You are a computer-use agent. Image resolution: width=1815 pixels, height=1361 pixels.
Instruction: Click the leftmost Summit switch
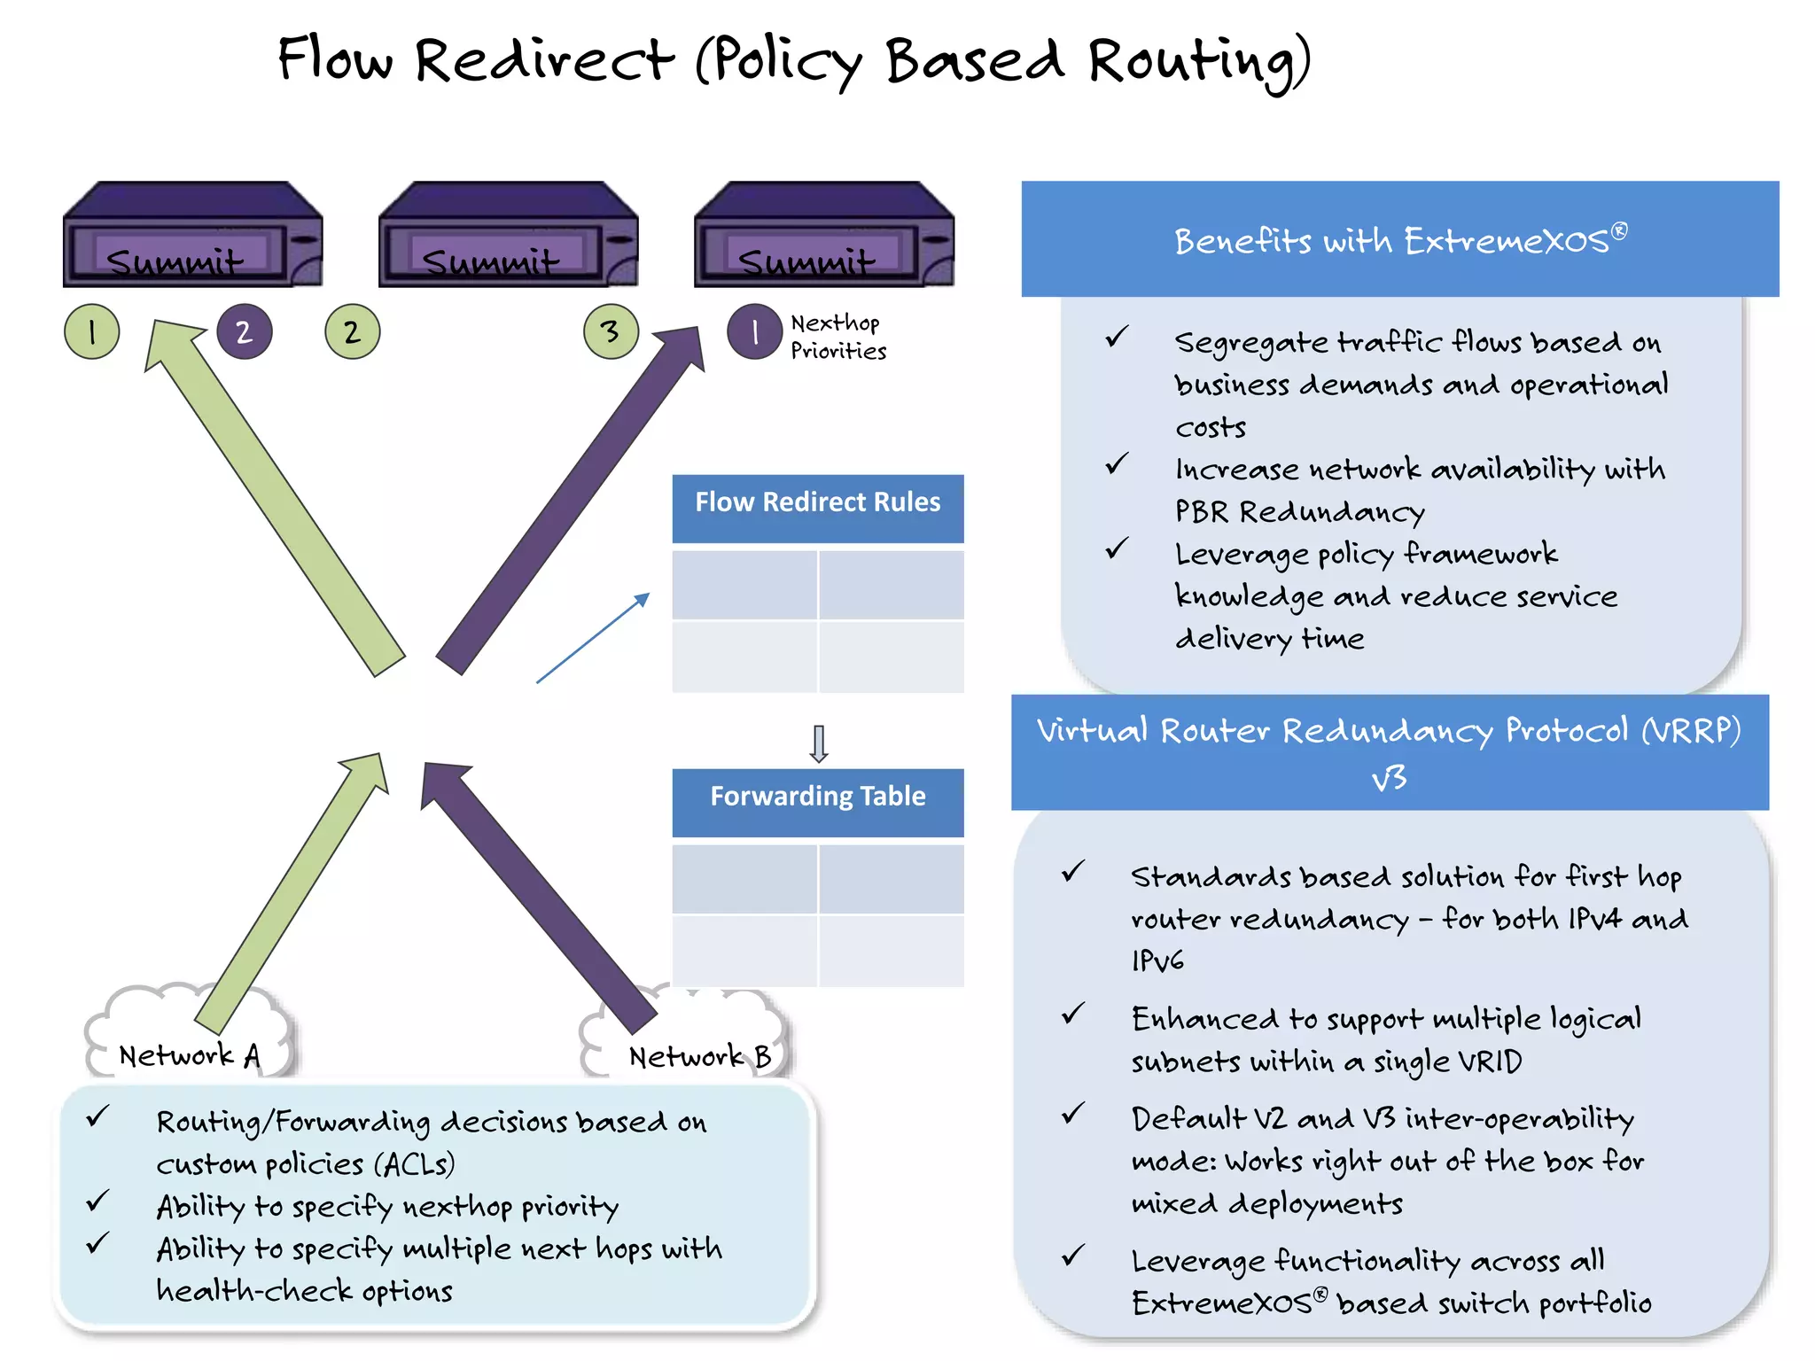coord(192,237)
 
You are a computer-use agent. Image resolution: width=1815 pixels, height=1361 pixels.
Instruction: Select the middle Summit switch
coord(508,237)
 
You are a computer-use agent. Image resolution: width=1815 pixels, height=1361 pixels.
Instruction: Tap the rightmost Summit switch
coord(823,237)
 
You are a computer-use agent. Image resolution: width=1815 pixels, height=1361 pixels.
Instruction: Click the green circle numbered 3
coord(611,332)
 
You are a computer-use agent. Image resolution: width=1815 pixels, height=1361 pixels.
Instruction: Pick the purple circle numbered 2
coord(244,332)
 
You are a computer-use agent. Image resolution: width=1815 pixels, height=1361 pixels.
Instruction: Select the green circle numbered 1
coord(92,332)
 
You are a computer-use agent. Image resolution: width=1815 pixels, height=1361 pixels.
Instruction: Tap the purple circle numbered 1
coord(754,332)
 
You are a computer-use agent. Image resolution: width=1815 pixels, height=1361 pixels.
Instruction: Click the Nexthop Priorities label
coord(837,337)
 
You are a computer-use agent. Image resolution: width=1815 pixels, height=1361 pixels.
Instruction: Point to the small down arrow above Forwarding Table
coord(819,743)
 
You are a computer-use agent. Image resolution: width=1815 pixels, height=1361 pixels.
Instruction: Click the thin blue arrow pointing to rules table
coord(592,638)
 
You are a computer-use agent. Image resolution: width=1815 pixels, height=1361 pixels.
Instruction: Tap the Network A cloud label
coord(190,1055)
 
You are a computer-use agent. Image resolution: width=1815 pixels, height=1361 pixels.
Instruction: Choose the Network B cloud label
coord(699,1056)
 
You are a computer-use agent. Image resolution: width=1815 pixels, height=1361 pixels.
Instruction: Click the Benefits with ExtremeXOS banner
coord(1399,239)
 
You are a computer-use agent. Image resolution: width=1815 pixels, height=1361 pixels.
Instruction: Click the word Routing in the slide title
coord(1198,62)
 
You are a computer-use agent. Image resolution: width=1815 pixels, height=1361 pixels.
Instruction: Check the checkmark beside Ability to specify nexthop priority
coord(97,1202)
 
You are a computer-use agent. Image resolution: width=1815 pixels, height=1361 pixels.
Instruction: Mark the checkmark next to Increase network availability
coord(1117,464)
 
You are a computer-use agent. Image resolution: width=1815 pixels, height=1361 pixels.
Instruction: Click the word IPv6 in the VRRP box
coord(1157,961)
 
